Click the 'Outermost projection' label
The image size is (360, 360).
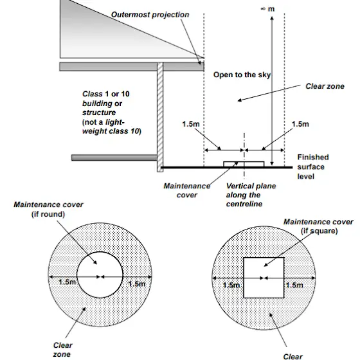click(x=150, y=15)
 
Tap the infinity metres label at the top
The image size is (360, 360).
click(x=267, y=9)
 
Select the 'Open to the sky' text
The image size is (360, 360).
click(x=242, y=75)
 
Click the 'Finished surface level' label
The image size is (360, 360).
click(x=313, y=166)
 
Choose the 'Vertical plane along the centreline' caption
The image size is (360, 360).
click(x=251, y=195)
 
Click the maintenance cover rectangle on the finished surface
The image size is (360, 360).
click(x=244, y=164)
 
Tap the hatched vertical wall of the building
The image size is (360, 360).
click(x=160, y=117)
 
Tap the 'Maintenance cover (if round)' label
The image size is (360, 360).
click(x=48, y=209)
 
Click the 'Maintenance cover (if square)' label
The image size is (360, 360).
click(x=319, y=226)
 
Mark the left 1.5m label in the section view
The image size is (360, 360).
click(x=191, y=124)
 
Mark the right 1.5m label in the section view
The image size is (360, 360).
click(x=300, y=124)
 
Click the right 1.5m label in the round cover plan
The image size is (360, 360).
click(x=137, y=284)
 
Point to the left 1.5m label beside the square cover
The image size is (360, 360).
click(x=231, y=285)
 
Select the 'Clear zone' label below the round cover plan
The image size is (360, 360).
click(x=63, y=350)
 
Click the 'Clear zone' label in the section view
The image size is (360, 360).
click(x=325, y=86)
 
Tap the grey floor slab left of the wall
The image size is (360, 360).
click(x=114, y=157)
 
